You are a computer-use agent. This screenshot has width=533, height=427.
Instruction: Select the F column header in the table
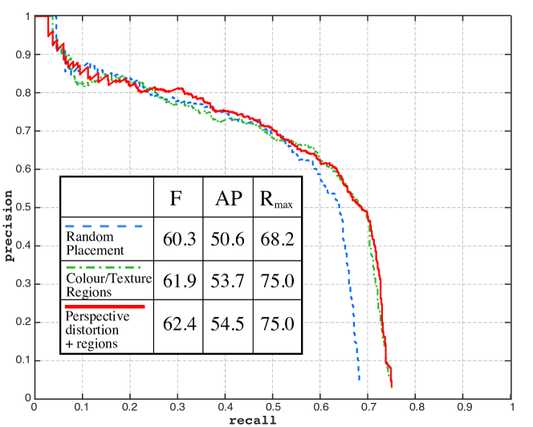[176, 197]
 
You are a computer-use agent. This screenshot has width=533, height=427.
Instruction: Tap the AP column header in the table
[227, 197]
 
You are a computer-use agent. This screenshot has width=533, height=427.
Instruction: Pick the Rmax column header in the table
[275, 198]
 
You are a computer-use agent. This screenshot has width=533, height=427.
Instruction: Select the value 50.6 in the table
[227, 238]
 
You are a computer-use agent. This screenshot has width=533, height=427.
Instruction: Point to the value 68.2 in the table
[275, 238]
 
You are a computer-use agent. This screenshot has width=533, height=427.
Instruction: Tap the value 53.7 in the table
[227, 279]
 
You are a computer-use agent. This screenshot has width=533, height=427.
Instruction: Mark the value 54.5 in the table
[227, 325]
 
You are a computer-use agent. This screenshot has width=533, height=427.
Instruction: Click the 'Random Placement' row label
[90, 243]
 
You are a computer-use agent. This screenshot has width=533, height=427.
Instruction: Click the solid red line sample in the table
[105, 306]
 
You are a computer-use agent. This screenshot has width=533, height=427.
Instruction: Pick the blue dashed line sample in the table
[105, 226]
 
